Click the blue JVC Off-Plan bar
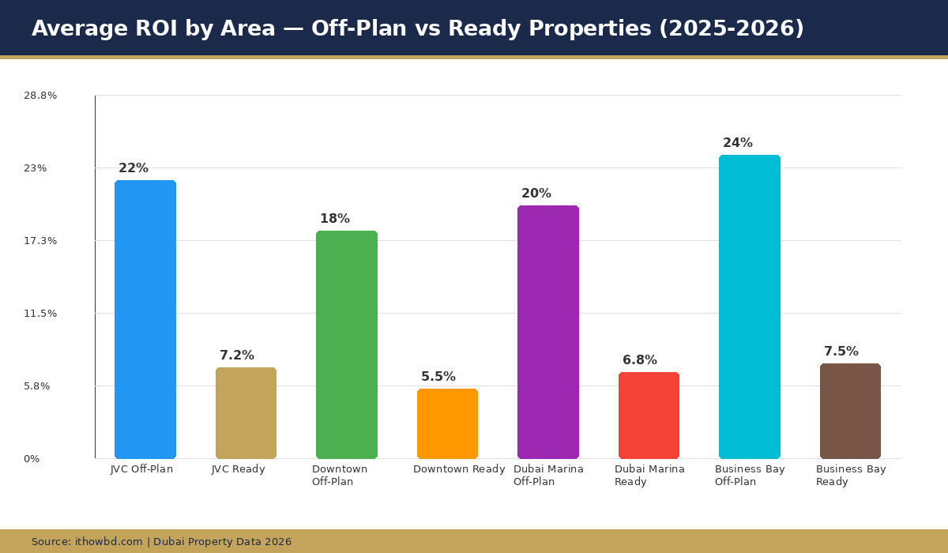pyautogui.click(x=145, y=319)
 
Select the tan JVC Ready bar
pyautogui.click(x=246, y=412)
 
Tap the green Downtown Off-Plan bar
pyautogui.click(x=347, y=344)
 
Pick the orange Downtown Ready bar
pyautogui.click(x=447, y=423)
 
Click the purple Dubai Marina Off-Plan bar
pyautogui.click(x=548, y=332)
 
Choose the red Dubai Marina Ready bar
pyautogui.click(x=649, y=415)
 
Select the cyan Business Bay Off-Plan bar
pyautogui.click(x=750, y=307)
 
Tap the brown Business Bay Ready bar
pyautogui.click(x=850, y=411)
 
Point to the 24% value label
pyautogui.click(x=738, y=143)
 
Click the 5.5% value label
pyautogui.click(x=438, y=377)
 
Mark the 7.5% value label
pyautogui.click(x=841, y=352)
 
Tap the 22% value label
pyautogui.click(x=134, y=168)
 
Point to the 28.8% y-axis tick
pyautogui.click(x=40, y=96)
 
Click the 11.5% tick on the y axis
pyautogui.click(x=40, y=314)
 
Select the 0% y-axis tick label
pyautogui.click(x=32, y=459)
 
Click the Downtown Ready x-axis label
pyautogui.click(x=459, y=469)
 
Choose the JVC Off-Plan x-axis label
pyautogui.click(x=141, y=469)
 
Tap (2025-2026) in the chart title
pyautogui.click(x=732, y=28)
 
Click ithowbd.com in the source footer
pyautogui.click(x=109, y=542)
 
